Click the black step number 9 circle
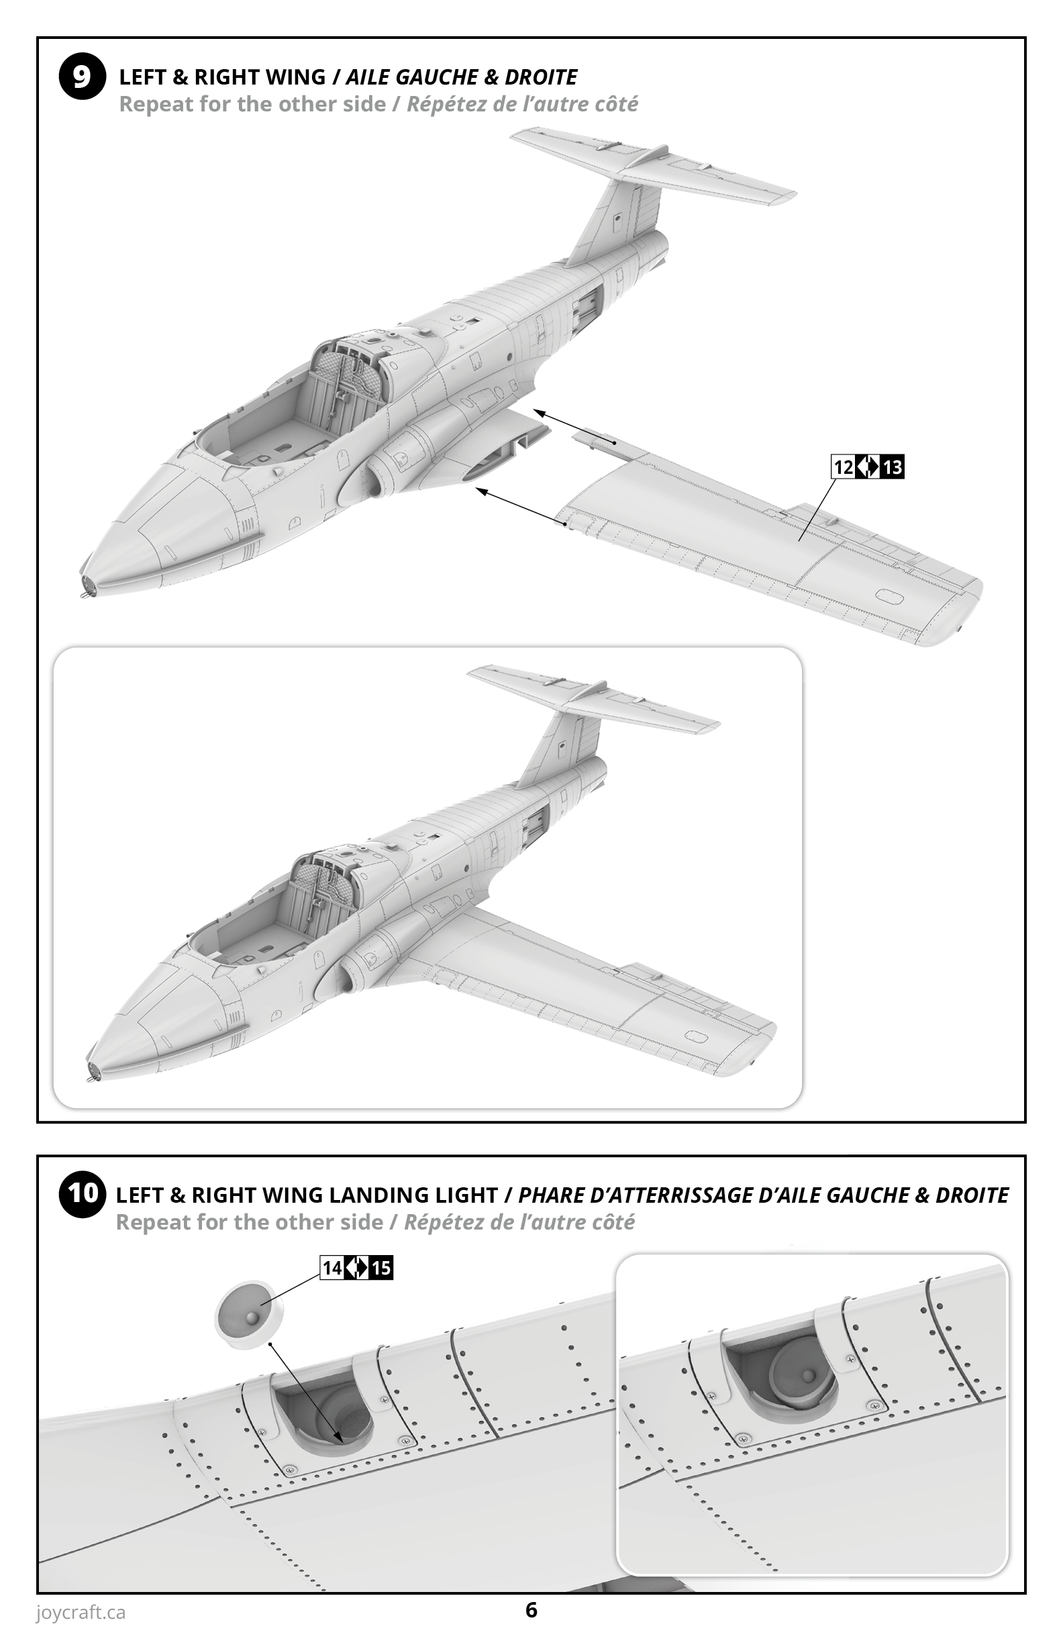pyautogui.click(x=82, y=77)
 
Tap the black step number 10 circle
pyautogui.click(x=82, y=1193)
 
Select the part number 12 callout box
pyautogui.click(x=843, y=467)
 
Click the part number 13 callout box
pyautogui.click(x=893, y=467)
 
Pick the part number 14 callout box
pyautogui.click(x=332, y=1267)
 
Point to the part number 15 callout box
pyautogui.click(x=381, y=1267)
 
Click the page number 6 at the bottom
pyautogui.click(x=531, y=1610)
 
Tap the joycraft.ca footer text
pyautogui.click(x=81, y=1613)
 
